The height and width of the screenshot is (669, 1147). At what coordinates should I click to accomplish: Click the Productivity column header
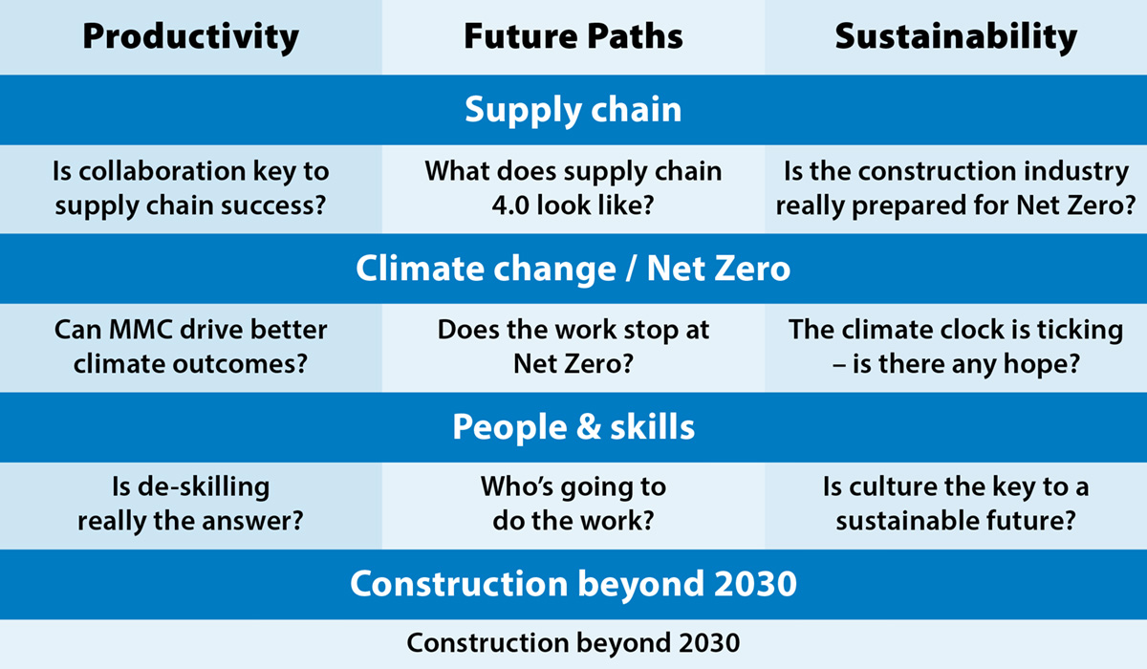pos(190,37)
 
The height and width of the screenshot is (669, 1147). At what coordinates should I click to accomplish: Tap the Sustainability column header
pos(956,37)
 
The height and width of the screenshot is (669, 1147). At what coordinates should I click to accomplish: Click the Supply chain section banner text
pos(573,111)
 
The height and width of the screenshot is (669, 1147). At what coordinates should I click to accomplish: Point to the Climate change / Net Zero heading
pos(573,269)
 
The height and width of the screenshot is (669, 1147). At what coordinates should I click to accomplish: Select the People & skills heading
pos(573,427)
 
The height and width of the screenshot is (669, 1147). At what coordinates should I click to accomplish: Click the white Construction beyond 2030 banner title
pos(573,585)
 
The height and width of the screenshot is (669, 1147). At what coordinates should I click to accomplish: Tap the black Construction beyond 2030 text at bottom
pos(573,642)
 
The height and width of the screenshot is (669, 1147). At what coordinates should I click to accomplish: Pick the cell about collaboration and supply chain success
pos(190,189)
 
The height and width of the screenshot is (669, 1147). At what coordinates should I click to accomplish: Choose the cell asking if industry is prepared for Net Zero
pos(956,189)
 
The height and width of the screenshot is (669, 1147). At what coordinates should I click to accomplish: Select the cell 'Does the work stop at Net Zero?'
pos(573,347)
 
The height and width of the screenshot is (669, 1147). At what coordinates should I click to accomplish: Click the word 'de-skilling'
pos(204,487)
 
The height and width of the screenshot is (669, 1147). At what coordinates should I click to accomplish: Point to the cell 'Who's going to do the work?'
pos(573,505)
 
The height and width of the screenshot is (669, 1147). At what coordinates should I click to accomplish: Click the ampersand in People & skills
pos(589,427)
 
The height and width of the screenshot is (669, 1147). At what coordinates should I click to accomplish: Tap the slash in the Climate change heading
pos(632,269)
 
